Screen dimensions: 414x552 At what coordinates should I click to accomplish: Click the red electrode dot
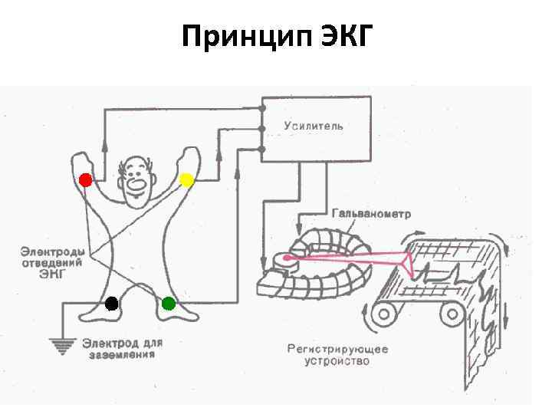[x=85, y=180]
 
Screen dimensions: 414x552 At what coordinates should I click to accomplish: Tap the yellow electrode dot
[x=186, y=180]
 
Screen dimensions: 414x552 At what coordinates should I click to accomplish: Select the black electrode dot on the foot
[x=112, y=303]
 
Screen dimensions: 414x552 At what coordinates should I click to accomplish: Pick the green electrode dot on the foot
[x=169, y=303]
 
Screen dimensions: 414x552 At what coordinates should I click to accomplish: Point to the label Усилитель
[x=314, y=125]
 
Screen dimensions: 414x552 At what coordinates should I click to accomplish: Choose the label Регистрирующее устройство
[x=337, y=354]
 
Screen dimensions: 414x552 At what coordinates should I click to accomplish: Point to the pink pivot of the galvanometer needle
[x=286, y=258]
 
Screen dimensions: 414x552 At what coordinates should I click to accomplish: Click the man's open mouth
[x=138, y=184]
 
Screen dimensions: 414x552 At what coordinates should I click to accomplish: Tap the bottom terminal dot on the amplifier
[x=261, y=149]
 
